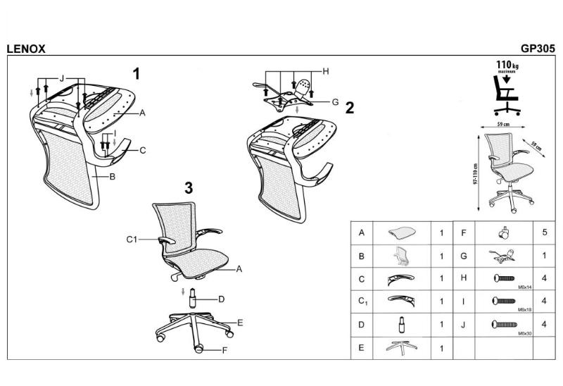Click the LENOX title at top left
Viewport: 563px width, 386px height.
[x=25, y=49]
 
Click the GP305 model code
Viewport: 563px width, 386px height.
[x=538, y=49]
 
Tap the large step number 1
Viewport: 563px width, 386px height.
[x=137, y=73]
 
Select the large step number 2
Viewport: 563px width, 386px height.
[x=350, y=108]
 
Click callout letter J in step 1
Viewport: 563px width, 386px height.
[x=62, y=77]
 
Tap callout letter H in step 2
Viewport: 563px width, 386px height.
[x=326, y=71]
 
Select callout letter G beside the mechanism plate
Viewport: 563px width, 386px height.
[x=336, y=101]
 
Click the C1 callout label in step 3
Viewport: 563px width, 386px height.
[x=131, y=239]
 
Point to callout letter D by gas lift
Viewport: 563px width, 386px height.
[x=221, y=299]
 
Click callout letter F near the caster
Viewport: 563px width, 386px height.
[x=224, y=350]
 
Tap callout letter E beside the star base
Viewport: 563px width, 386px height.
[x=240, y=323]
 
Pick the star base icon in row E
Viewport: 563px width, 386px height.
[x=402, y=347]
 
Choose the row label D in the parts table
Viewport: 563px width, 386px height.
[x=362, y=324]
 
